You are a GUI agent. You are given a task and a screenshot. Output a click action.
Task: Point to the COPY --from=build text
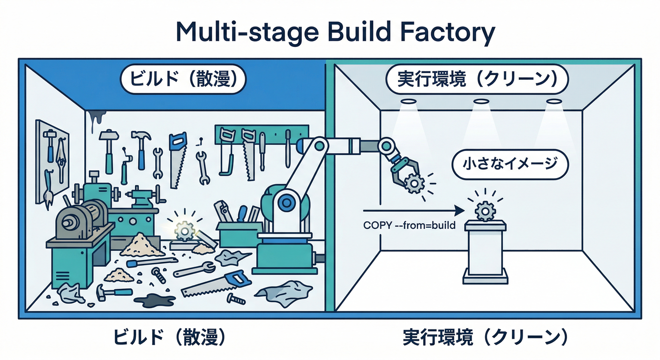[409, 225]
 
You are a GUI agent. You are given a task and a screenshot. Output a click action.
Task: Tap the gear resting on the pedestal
[485, 211]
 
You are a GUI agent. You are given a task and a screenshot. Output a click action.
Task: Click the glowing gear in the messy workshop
[184, 230]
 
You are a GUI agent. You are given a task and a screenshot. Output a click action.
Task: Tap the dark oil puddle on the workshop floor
[154, 299]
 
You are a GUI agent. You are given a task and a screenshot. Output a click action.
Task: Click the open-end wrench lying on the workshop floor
[195, 270]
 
